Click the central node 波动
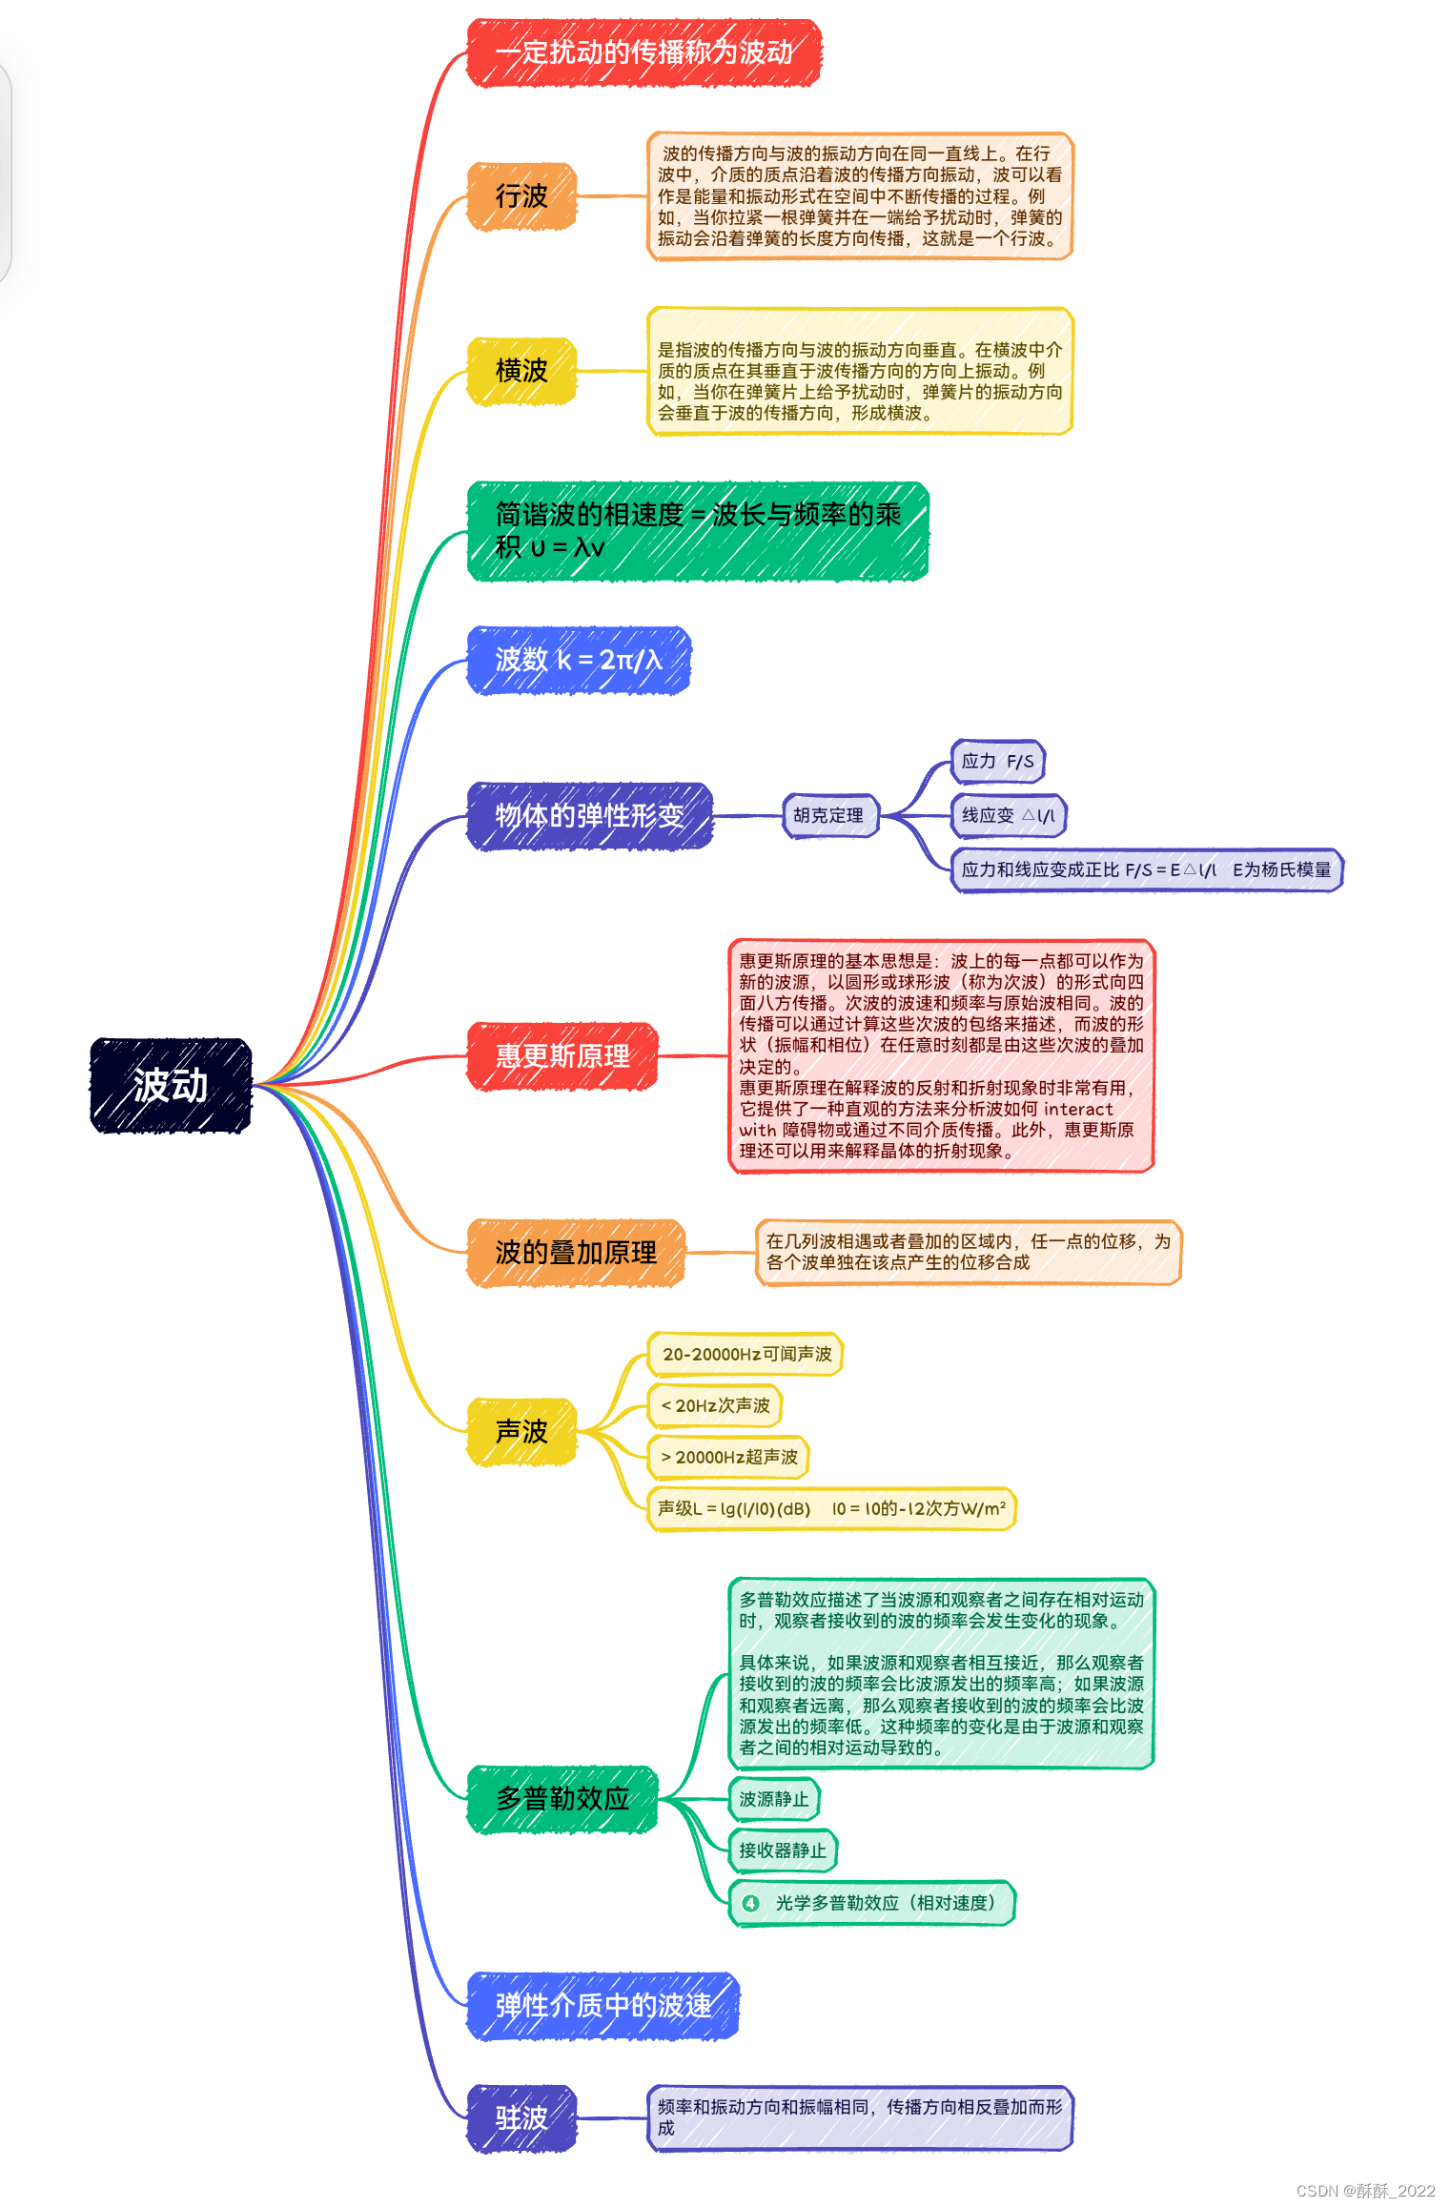pyautogui.click(x=171, y=1085)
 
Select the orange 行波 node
pyautogui.click(x=521, y=196)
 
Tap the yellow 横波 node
pyautogui.click(x=521, y=371)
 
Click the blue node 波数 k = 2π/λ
pyautogui.click(x=578, y=660)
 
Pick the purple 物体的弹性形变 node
pyautogui.click(x=589, y=816)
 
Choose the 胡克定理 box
pyautogui.click(x=828, y=816)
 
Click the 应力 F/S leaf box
pyautogui.click(x=997, y=762)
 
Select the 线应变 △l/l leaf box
pyautogui.click(x=1008, y=816)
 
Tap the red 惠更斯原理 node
pyautogui.click(x=562, y=1056)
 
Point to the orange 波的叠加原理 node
pyautogui.click(x=576, y=1253)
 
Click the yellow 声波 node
pyautogui.click(x=521, y=1431)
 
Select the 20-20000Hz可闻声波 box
pyautogui.click(x=746, y=1354)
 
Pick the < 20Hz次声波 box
pyautogui.click(x=715, y=1405)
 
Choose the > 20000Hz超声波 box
pyautogui.click(x=728, y=1457)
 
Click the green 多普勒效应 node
pyautogui.click(x=562, y=1799)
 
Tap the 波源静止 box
pyautogui.click(x=774, y=1799)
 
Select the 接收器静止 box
pyautogui.click(x=783, y=1850)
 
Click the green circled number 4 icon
pyautogui.click(x=751, y=1903)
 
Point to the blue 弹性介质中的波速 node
pyautogui.click(x=602, y=2006)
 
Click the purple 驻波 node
pyautogui.click(x=521, y=2118)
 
